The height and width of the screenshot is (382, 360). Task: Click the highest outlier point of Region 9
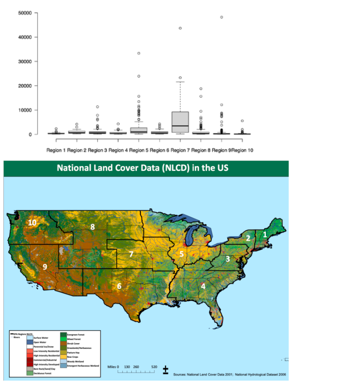(x=222, y=17)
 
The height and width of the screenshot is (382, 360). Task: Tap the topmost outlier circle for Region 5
(x=139, y=53)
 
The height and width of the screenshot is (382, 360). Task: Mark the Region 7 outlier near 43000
(x=180, y=28)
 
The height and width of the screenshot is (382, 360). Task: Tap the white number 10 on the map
(x=32, y=223)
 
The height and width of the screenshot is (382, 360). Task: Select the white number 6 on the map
(x=119, y=286)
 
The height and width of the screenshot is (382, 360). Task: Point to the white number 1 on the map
(x=265, y=235)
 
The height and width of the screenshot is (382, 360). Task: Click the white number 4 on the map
(x=203, y=286)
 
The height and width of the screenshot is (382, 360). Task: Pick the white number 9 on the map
(x=45, y=267)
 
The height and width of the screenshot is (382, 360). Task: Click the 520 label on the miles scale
(x=154, y=367)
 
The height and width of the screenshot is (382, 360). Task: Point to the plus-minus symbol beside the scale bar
(x=166, y=370)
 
